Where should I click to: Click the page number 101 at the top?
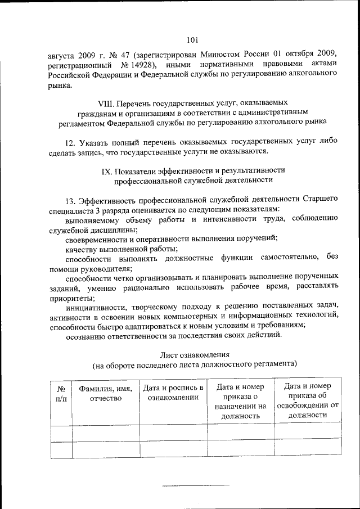(x=192, y=39)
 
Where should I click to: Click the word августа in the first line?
(x=61, y=54)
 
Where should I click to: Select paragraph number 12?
(x=70, y=141)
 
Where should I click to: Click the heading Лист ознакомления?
(x=194, y=354)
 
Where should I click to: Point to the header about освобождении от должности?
(x=307, y=400)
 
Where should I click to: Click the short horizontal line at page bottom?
(x=195, y=484)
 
